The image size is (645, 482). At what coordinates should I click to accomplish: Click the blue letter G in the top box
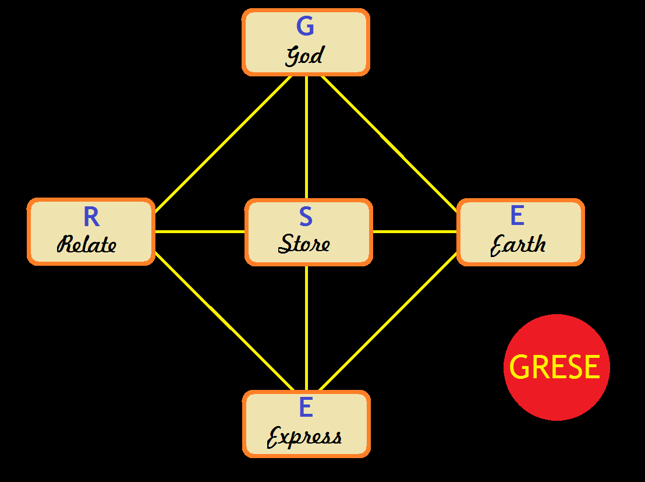[x=305, y=26]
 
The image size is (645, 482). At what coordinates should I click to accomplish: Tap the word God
[x=304, y=56]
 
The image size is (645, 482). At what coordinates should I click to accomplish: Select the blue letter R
[x=91, y=217]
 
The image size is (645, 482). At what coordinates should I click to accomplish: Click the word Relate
[x=87, y=245]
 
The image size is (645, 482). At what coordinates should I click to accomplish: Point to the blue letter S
[x=306, y=217]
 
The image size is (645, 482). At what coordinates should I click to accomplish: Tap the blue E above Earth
[x=517, y=216]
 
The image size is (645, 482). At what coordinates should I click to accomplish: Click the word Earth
[x=518, y=245]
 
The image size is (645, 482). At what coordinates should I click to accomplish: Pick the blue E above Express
[x=306, y=407]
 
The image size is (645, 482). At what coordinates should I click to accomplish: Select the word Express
[x=304, y=437]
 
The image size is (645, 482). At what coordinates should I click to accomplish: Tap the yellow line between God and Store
[x=306, y=137]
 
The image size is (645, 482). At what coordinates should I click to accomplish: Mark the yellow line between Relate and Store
[x=200, y=232]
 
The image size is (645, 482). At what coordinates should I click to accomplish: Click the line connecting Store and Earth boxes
[x=414, y=232]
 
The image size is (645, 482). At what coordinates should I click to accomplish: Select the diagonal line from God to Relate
[x=224, y=143]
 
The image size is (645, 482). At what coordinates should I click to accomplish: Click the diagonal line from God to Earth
[x=389, y=143]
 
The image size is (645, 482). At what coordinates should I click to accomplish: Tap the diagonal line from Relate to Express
[x=224, y=322]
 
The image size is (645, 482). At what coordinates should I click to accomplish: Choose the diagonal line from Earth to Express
[x=389, y=322]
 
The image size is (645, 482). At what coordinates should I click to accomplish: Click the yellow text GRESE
[x=555, y=367]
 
